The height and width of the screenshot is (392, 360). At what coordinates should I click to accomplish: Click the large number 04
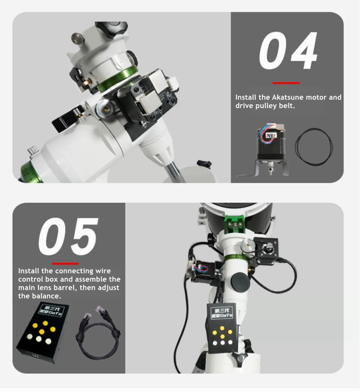288,50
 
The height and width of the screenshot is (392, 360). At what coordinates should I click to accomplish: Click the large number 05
68,236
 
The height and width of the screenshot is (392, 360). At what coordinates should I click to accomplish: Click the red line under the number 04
286,83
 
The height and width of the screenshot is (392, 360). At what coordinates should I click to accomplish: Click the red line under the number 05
65,264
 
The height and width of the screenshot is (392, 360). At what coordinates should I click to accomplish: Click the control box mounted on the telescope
222,328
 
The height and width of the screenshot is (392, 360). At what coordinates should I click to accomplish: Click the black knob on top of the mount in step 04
112,29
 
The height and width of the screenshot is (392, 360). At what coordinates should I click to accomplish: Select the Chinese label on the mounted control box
222,313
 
